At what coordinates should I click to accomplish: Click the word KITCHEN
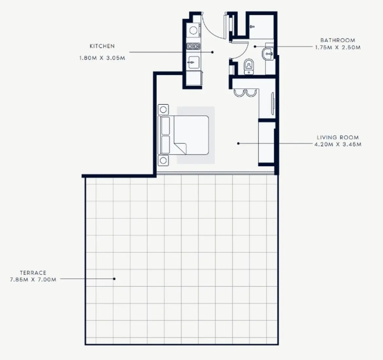click(x=102, y=46)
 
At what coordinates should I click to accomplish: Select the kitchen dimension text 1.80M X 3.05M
click(x=102, y=58)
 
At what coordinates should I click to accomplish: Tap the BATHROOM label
click(x=338, y=40)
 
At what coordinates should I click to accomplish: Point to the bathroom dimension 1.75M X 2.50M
click(x=338, y=47)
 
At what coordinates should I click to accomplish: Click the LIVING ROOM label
click(x=338, y=137)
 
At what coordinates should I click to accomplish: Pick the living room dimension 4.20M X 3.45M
click(x=338, y=144)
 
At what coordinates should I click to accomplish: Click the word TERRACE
click(x=33, y=273)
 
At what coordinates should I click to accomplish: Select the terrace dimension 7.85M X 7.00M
click(x=33, y=279)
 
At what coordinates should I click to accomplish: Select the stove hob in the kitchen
click(x=193, y=46)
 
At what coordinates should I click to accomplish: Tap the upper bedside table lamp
click(x=163, y=109)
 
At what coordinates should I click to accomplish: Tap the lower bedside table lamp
click(x=163, y=160)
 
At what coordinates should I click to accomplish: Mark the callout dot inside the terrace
click(x=114, y=279)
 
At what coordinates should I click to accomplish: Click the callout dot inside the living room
click(x=238, y=143)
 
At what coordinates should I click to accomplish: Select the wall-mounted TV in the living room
click(x=272, y=104)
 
